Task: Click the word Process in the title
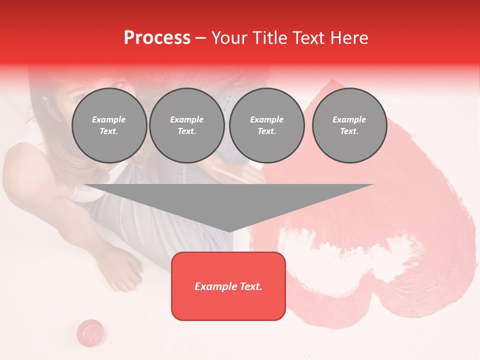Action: point(157,38)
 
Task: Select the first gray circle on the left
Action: point(109,125)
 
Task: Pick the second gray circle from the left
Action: point(187,125)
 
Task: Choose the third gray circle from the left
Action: point(266,125)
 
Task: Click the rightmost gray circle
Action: point(349,125)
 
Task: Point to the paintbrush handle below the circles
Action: point(230,174)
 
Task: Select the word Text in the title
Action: point(307,38)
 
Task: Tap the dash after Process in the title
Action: point(200,38)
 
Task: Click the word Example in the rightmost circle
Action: point(349,119)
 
